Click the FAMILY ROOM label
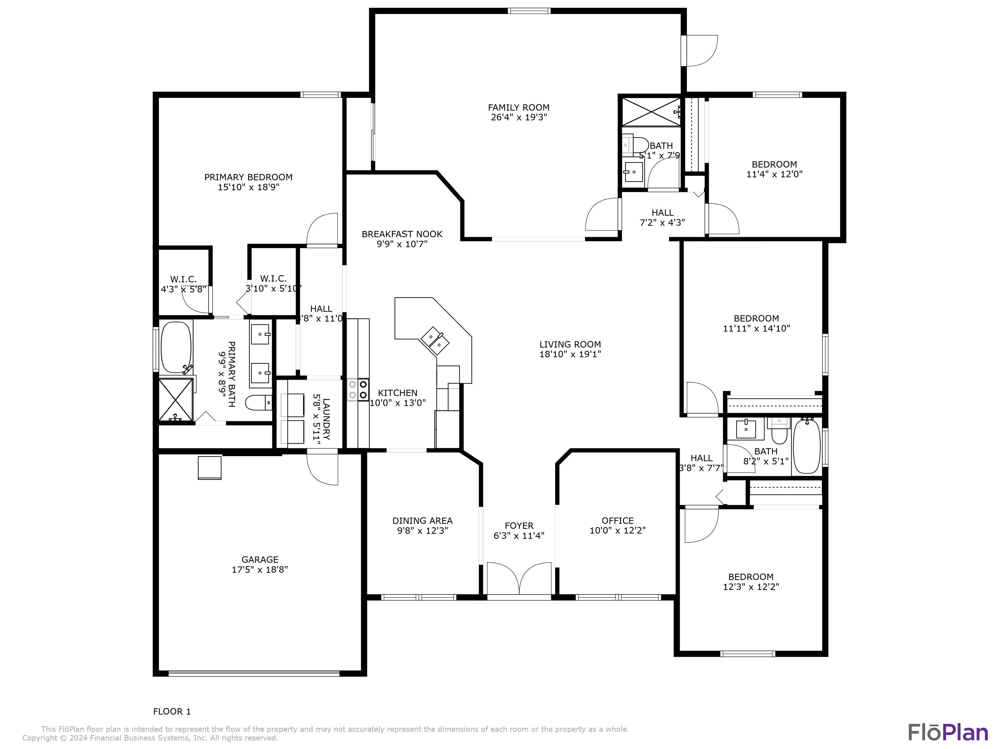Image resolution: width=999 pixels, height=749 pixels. pyautogui.click(x=518, y=107)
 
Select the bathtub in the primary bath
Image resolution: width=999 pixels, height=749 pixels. pyautogui.click(x=176, y=347)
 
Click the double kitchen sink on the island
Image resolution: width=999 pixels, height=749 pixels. pyautogui.click(x=435, y=341)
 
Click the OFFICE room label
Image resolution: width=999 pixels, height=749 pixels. pyautogui.click(x=617, y=521)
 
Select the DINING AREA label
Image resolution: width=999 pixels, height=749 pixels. pyautogui.click(x=422, y=521)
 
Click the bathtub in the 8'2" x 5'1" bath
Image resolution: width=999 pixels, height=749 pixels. pyautogui.click(x=807, y=446)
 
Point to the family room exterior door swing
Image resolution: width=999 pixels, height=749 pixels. pyautogui.click(x=701, y=51)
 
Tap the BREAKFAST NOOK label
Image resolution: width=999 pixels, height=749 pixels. pyautogui.click(x=402, y=234)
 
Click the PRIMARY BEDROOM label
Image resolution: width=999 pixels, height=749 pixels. pyautogui.click(x=249, y=177)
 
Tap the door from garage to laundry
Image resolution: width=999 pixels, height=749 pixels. pyautogui.click(x=322, y=469)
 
